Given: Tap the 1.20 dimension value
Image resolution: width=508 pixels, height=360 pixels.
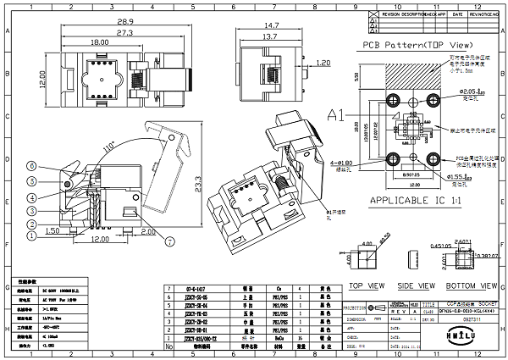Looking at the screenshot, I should tap(323, 63).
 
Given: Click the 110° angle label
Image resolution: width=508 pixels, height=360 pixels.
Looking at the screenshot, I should tap(108, 148).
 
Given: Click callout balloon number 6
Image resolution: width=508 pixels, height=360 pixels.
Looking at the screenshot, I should tap(32, 165).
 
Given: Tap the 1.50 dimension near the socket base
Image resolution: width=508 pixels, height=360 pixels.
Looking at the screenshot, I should tap(52, 230).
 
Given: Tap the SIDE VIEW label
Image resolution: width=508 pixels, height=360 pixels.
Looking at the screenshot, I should tap(415, 285).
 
